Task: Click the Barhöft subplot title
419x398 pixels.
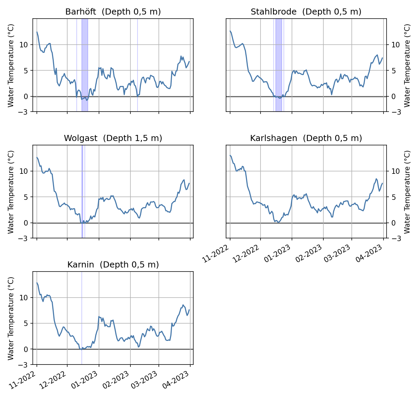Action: (113, 12)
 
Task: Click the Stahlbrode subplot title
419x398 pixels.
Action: (306, 12)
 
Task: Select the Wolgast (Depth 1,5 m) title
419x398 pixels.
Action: (113, 138)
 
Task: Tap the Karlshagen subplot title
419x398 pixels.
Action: (306, 138)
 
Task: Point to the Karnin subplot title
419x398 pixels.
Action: (113, 265)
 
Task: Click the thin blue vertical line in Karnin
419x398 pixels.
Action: (82, 318)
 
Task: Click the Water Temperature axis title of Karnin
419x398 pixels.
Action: (11, 318)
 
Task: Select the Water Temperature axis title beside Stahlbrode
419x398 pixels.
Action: (407, 65)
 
